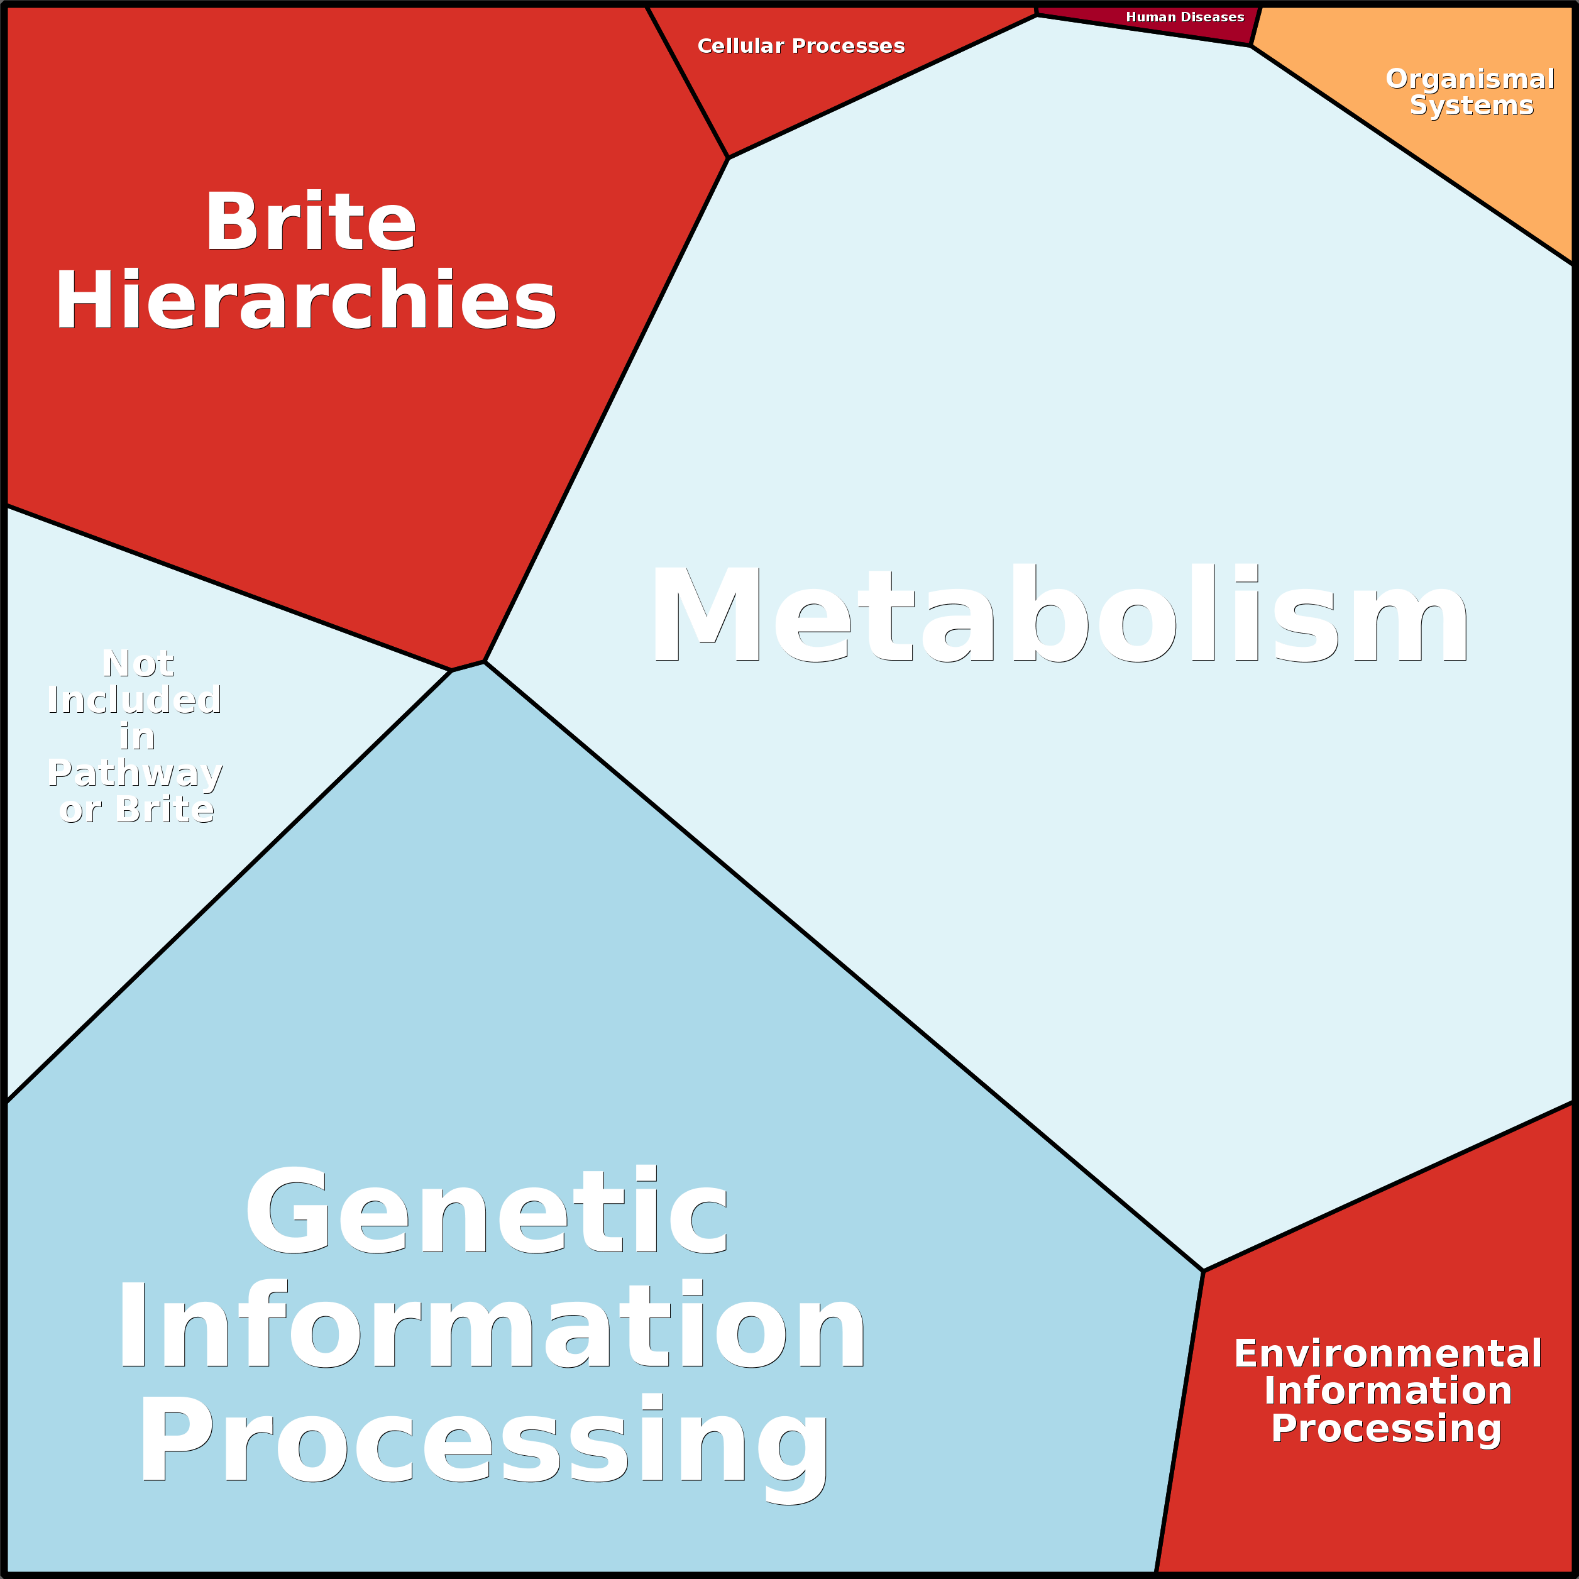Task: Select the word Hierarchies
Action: point(305,299)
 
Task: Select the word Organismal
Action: point(1470,79)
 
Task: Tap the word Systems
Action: point(1471,106)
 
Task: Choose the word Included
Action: point(134,700)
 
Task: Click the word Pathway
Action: point(135,773)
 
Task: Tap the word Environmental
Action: point(1388,1353)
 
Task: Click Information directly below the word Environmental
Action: point(1388,1391)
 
